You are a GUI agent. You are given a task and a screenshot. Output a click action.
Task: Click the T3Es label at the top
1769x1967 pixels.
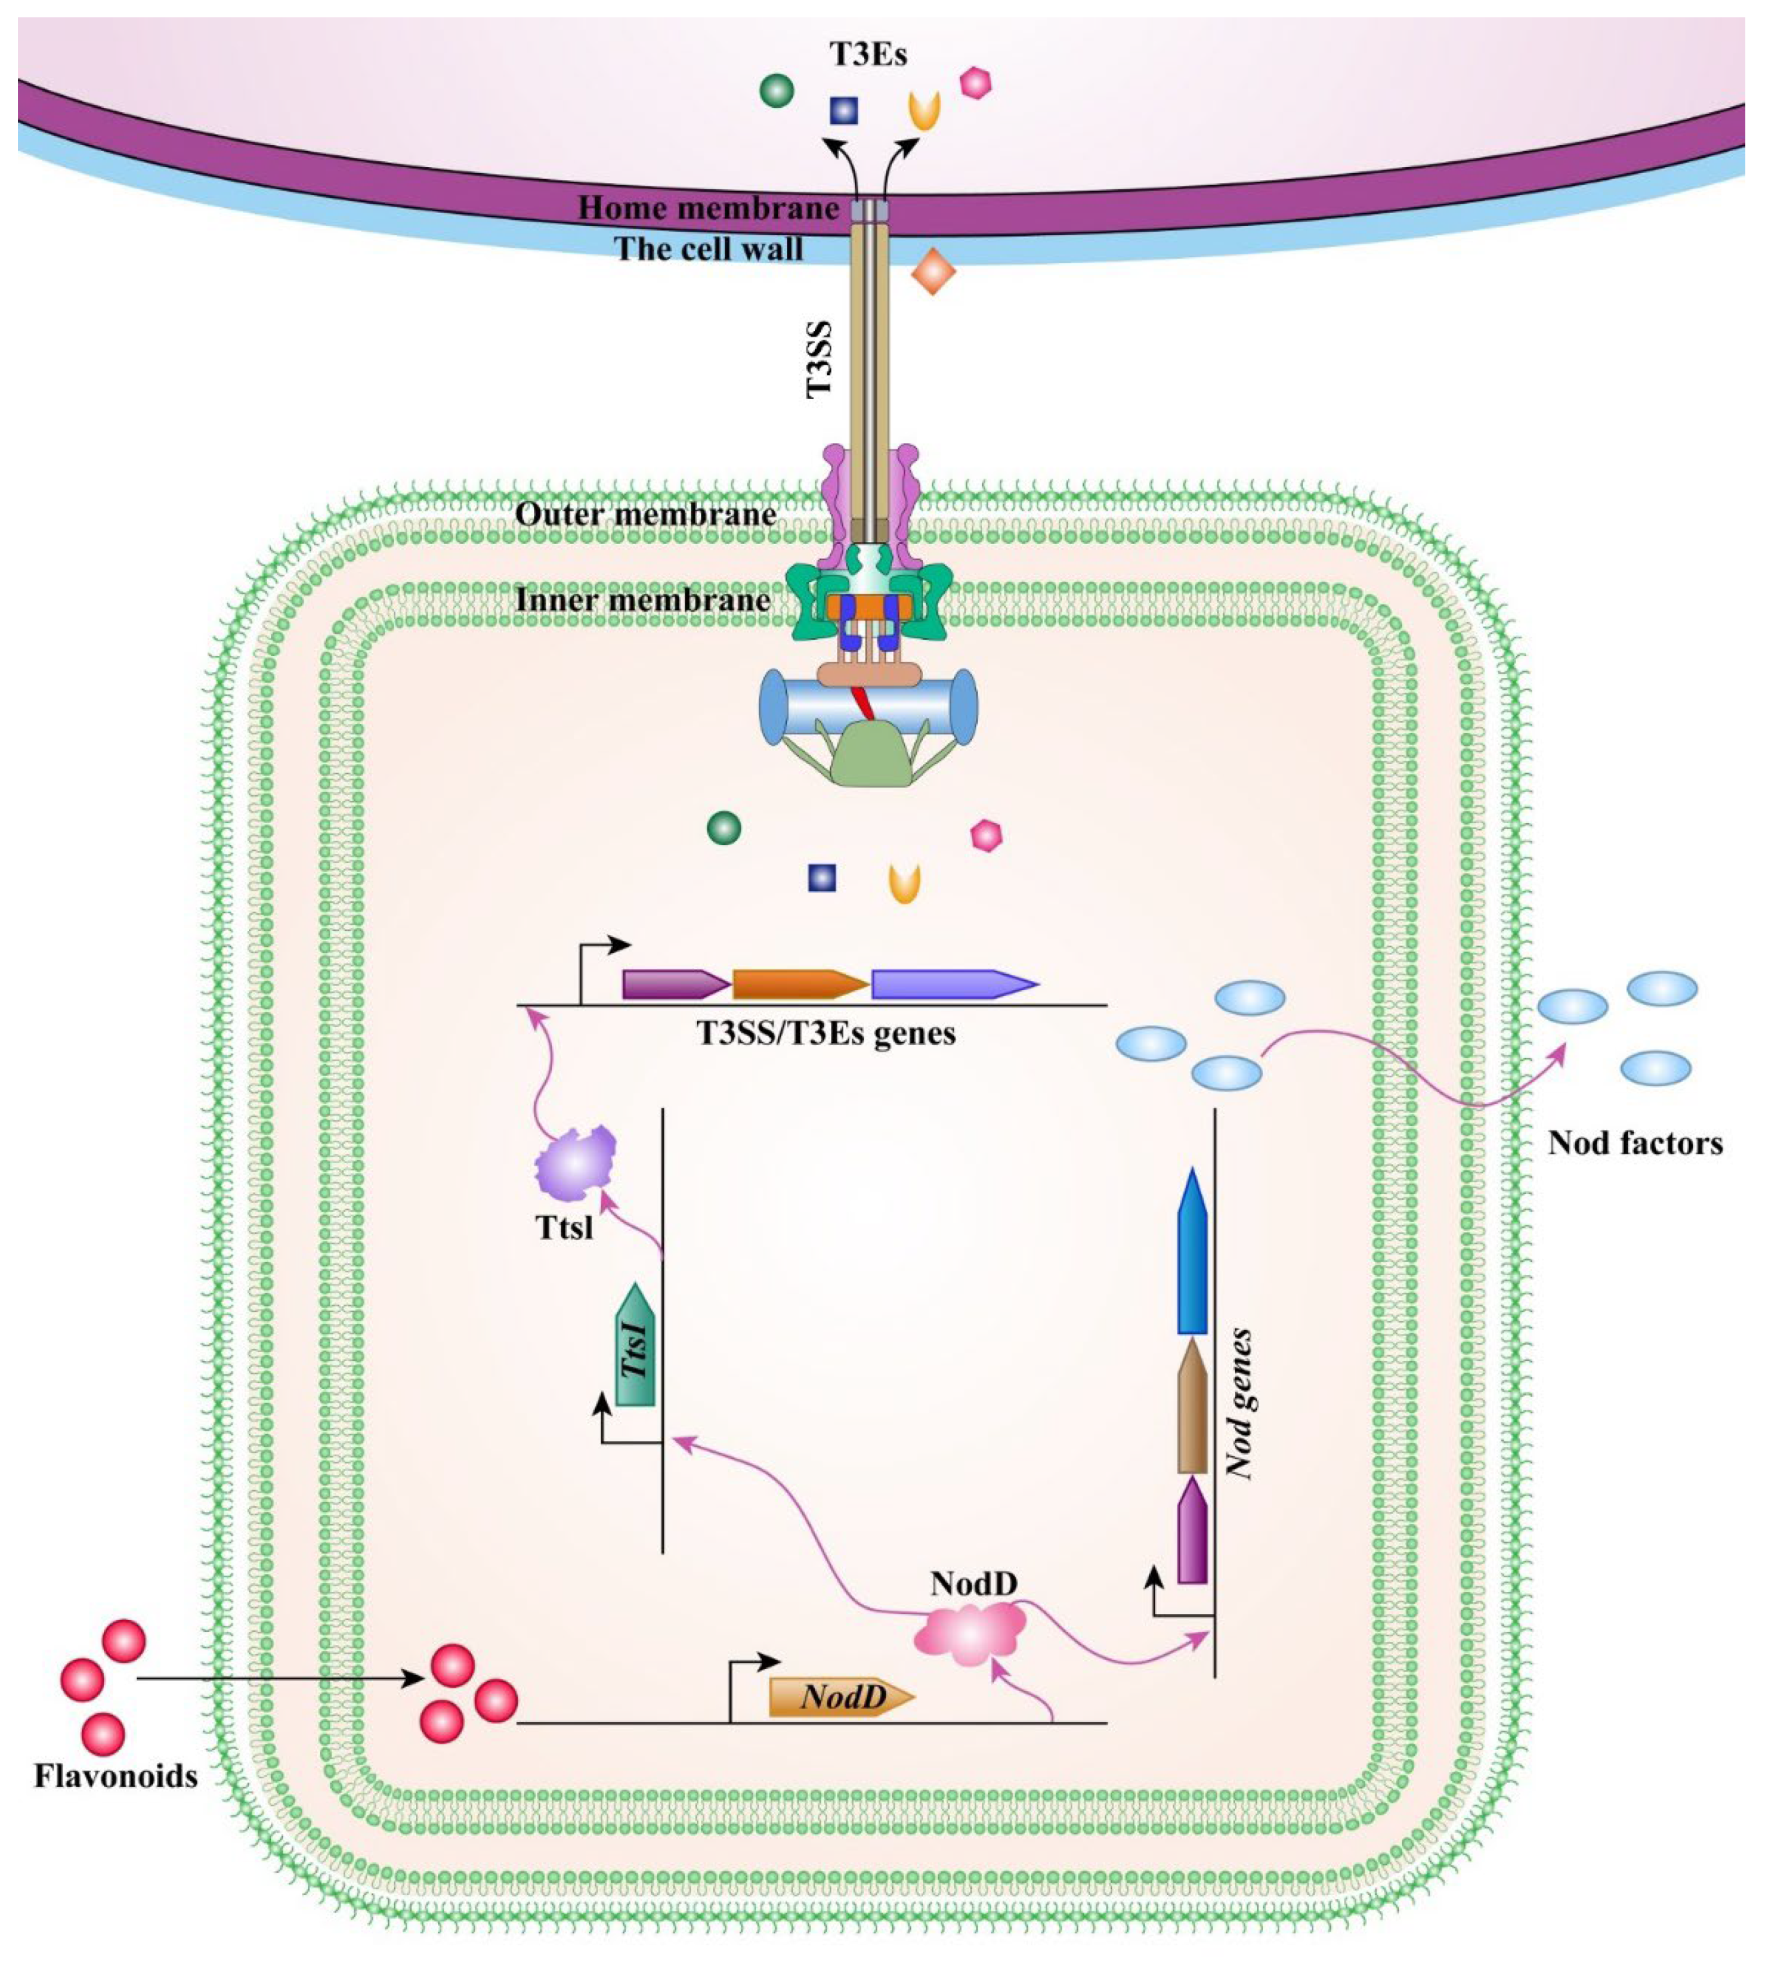coord(868,54)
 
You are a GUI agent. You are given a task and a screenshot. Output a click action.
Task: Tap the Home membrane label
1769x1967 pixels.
coord(709,207)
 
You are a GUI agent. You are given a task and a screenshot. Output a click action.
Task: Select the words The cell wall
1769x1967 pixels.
coord(710,249)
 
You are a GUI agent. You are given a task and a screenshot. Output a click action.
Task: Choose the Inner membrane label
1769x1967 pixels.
coord(643,599)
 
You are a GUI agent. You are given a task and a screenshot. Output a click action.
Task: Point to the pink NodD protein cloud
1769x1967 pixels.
coord(970,1634)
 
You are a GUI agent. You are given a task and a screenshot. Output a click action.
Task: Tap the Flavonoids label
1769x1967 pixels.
coord(116,1777)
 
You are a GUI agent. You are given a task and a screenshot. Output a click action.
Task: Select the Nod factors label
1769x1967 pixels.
coord(1636,1143)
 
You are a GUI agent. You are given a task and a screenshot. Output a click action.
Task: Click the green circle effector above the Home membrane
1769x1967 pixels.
coord(776,91)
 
